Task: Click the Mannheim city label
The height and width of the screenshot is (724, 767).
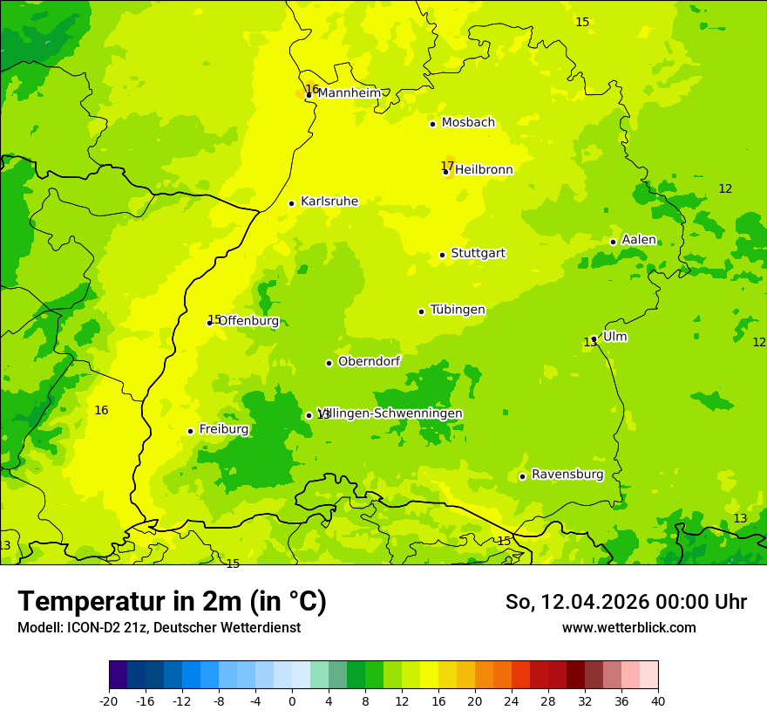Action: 349,92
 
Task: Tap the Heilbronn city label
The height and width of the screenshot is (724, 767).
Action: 484,170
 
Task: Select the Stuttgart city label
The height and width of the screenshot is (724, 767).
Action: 478,254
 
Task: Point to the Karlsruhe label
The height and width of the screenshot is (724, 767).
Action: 329,201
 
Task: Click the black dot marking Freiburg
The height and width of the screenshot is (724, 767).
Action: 190,431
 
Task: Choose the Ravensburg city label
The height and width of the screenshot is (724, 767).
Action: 567,475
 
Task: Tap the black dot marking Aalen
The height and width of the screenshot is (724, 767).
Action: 613,242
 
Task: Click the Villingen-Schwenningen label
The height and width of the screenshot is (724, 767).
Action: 390,413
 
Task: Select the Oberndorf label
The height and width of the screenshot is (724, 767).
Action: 369,361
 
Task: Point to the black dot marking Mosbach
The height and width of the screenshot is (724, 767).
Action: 432,124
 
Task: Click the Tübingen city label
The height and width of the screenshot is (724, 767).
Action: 458,310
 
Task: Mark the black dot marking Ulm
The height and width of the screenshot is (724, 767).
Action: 594,338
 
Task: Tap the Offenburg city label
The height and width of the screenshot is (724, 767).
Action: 248,321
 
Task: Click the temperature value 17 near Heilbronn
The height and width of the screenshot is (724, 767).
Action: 447,166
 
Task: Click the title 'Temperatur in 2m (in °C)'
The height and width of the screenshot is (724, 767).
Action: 172,602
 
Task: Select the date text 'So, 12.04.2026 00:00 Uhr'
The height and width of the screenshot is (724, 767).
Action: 626,602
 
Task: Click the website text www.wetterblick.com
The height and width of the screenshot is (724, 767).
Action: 628,627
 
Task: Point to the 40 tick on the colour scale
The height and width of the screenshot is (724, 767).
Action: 658,700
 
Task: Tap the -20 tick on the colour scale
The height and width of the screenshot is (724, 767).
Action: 109,700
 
